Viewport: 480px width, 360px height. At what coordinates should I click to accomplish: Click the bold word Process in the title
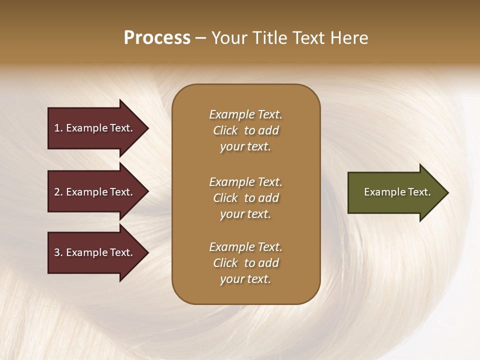[x=157, y=37]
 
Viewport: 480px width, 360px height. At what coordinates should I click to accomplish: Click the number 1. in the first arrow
[x=58, y=128]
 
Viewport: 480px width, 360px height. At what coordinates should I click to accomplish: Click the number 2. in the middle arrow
[x=58, y=192]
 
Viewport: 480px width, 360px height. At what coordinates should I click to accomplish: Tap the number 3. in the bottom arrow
[x=58, y=252]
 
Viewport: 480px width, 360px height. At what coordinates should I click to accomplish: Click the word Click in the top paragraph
[x=225, y=130]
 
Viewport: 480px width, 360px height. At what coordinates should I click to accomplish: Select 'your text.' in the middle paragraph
[x=245, y=214]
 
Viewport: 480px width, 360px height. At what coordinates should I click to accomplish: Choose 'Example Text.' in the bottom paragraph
[x=245, y=247]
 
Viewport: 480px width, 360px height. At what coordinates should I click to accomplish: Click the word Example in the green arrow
[x=382, y=192]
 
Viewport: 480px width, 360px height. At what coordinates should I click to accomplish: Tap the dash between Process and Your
[x=200, y=38]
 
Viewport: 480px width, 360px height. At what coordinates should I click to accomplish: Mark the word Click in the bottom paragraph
[x=225, y=263]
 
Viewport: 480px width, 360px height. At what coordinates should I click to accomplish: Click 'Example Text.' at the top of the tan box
[x=245, y=114]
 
